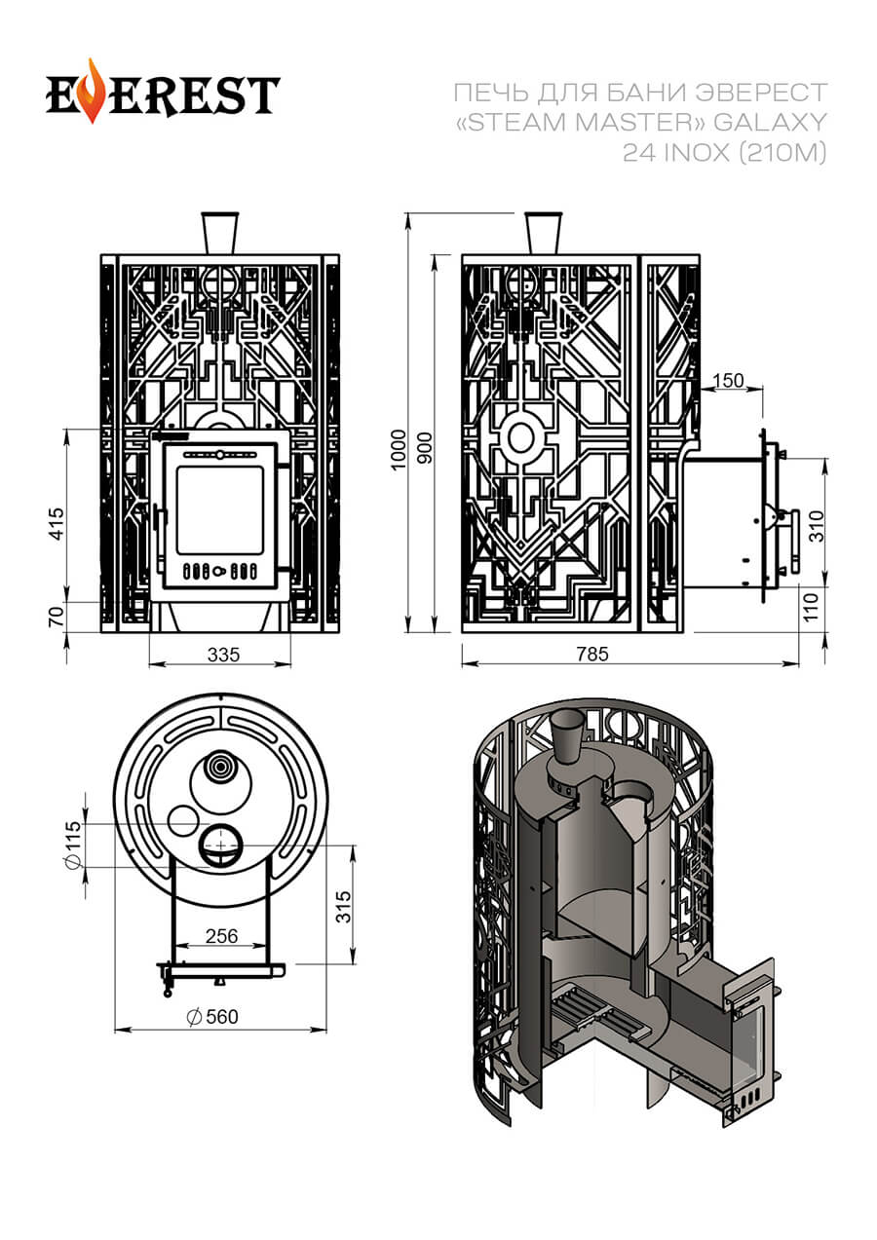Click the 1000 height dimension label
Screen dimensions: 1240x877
tap(397, 448)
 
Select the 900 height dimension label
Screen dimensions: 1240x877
tap(424, 447)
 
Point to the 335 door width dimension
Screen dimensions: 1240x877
tap(223, 655)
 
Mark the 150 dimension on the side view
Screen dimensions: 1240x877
tap(729, 379)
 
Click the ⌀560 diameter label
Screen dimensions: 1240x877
tap(210, 1017)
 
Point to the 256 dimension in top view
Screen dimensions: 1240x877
tap(222, 936)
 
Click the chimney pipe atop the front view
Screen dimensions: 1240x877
tap(219, 233)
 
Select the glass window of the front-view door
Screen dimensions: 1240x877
tap(219, 509)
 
